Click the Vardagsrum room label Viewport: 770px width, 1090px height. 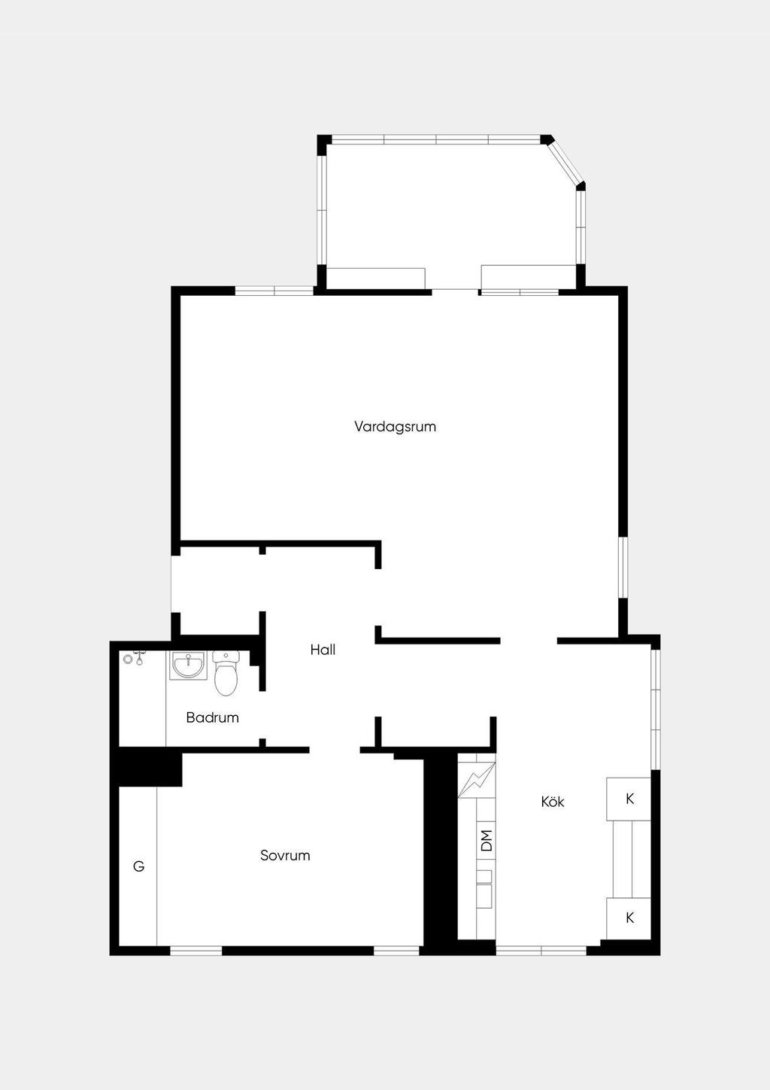(x=395, y=427)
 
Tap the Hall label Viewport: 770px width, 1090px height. (x=323, y=650)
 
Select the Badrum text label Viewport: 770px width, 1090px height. (x=213, y=717)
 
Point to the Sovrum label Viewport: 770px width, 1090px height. (x=285, y=855)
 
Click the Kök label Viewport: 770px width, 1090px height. (x=552, y=802)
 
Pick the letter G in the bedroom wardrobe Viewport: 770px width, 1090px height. (x=138, y=866)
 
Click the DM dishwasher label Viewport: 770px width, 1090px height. (x=486, y=840)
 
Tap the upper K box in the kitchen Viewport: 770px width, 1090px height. (x=629, y=799)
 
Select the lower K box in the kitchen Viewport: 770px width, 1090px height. (x=629, y=918)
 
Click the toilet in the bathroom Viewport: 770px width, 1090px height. (x=226, y=673)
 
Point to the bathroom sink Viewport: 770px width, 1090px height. (x=188, y=665)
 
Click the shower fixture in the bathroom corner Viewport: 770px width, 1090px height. (x=134, y=659)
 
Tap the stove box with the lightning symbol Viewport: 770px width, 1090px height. (x=477, y=780)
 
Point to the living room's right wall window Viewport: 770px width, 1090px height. (x=623, y=567)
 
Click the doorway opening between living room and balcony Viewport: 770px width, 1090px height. (x=456, y=292)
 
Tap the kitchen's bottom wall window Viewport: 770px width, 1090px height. (x=541, y=950)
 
